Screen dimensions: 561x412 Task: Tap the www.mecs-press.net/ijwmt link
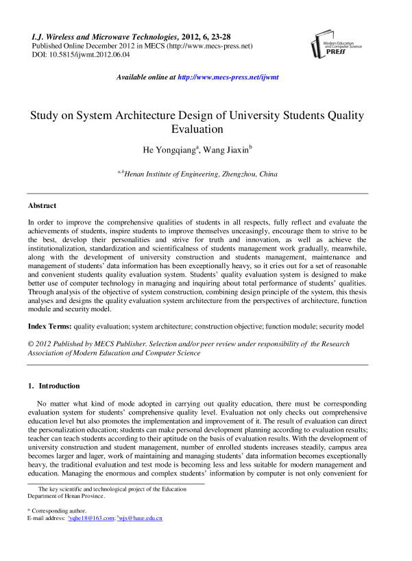(228, 78)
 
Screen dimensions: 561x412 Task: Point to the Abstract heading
(42, 205)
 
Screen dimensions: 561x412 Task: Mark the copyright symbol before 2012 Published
(31, 343)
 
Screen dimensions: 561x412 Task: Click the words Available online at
(146, 78)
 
